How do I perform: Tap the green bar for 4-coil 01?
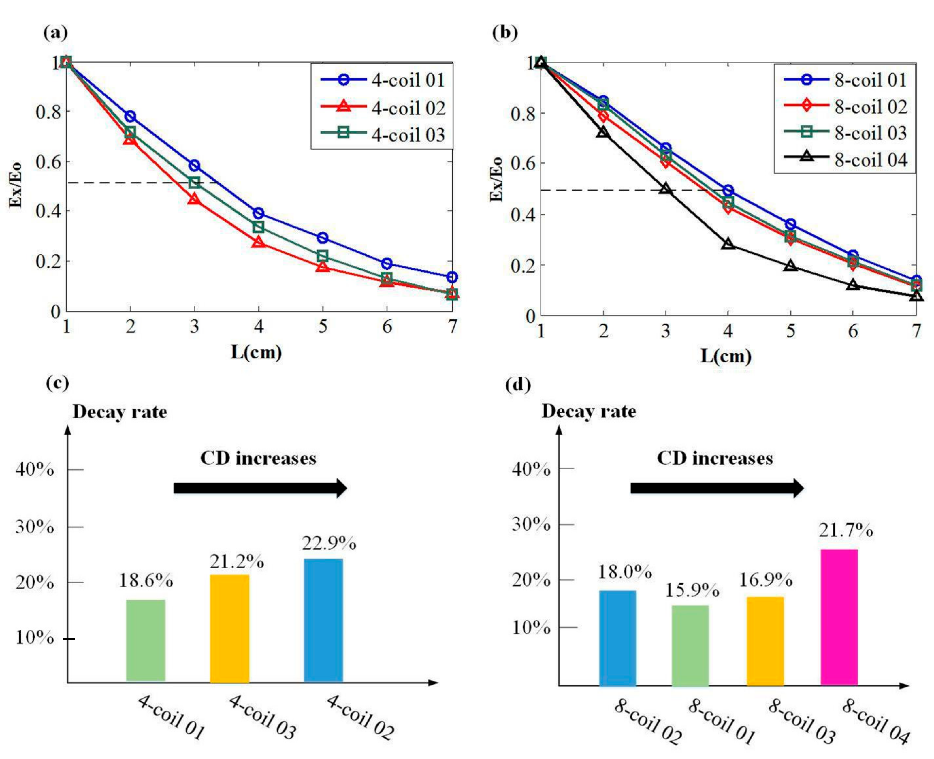[x=146, y=640]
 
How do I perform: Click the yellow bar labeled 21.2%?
[x=229, y=629]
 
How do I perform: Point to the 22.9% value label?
[x=329, y=544]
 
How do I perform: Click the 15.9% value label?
[x=692, y=591]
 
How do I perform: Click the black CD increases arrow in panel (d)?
[x=716, y=489]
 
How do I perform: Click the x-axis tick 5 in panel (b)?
[x=790, y=331]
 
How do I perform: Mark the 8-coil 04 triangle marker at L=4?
[x=728, y=244]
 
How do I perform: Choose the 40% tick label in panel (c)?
[x=35, y=470]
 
